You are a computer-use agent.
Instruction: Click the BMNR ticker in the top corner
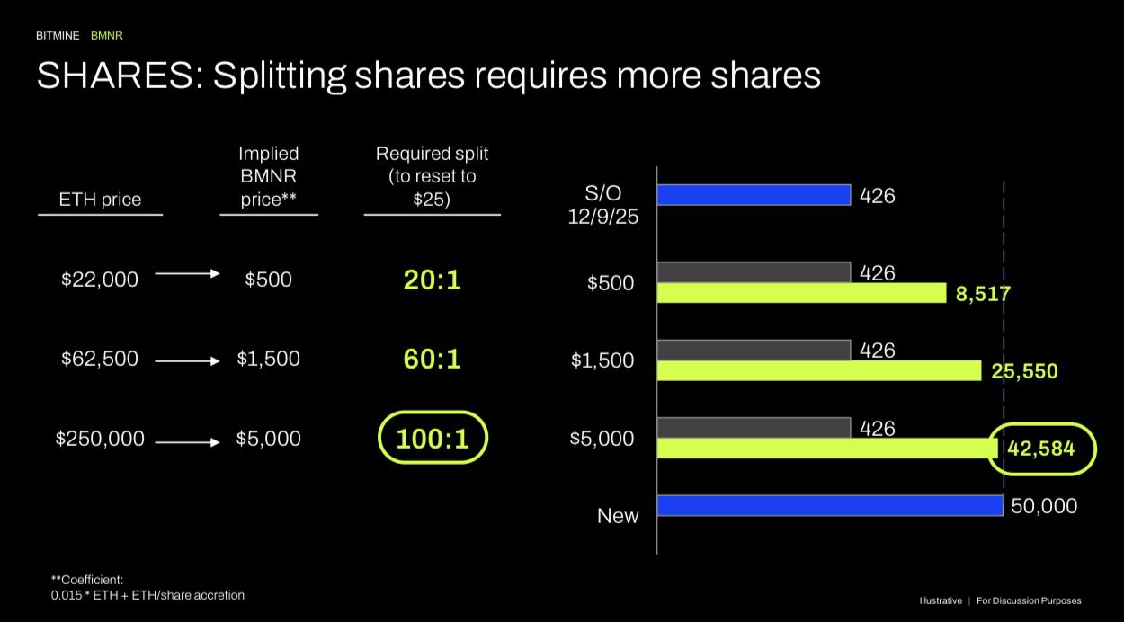coord(107,36)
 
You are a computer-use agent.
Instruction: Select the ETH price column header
coord(100,200)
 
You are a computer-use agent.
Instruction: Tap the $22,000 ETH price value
coord(100,280)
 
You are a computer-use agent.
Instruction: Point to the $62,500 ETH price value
coord(100,359)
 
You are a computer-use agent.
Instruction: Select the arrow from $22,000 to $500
coord(187,273)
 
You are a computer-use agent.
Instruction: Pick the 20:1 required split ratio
coord(432,280)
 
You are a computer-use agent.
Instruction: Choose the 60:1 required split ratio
coord(432,360)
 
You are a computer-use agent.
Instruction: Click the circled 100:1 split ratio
coord(432,440)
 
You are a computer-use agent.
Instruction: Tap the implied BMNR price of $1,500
coord(268,359)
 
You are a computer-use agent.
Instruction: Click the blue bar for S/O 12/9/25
coord(754,194)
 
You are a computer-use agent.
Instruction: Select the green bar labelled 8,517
coord(801,293)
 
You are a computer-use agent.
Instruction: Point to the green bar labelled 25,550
coord(818,370)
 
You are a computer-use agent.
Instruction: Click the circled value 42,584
coord(1042,447)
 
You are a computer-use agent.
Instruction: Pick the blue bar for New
coord(829,505)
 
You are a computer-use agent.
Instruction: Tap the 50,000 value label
coord(1043,506)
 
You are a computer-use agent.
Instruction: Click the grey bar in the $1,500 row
coord(754,350)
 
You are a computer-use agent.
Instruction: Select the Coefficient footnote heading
coord(88,579)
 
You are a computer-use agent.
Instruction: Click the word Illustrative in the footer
coord(940,600)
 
